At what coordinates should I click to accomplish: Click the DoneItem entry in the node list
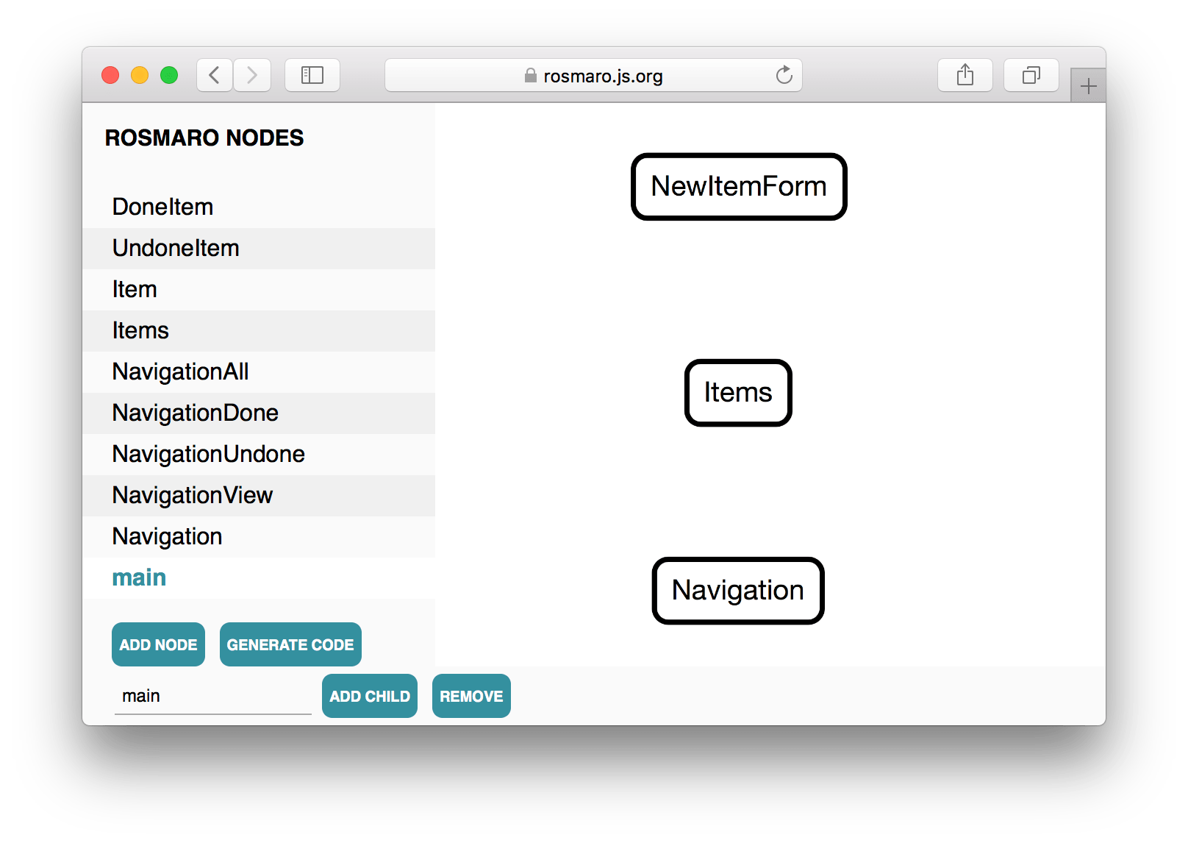pos(162,207)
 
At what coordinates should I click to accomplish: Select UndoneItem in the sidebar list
pos(176,249)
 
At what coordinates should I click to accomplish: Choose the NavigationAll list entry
pos(180,372)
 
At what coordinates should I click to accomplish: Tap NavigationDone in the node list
pos(195,413)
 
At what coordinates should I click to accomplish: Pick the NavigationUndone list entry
pos(208,454)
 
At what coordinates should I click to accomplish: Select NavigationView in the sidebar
pos(192,496)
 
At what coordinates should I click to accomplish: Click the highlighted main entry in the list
pos(139,577)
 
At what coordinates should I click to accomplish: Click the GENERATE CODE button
pos(290,644)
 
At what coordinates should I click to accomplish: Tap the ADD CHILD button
pos(370,696)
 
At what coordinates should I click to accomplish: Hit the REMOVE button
pos(471,696)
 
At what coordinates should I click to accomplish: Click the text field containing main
pos(212,696)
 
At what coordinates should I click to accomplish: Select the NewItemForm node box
pos(739,187)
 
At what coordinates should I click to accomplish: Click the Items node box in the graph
pos(738,393)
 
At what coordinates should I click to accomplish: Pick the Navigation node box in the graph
pos(738,591)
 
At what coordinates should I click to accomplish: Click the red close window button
pos(110,75)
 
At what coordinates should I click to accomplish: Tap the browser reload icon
pos(784,75)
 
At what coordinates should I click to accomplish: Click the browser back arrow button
pos(214,75)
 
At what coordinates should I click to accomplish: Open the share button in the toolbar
pos(965,75)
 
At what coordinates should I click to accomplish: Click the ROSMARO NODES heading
pos(204,138)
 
